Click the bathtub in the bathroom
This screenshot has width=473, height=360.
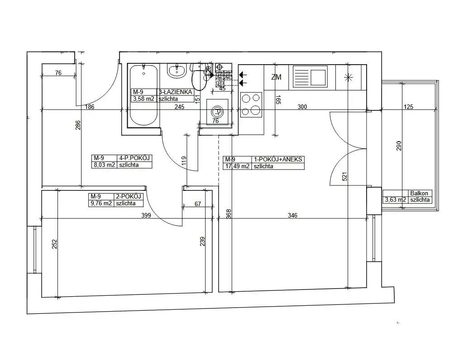(143, 95)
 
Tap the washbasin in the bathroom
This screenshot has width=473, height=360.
(176, 71)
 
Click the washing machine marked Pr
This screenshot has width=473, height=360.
(217, 112)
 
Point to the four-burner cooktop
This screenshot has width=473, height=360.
(251, 104)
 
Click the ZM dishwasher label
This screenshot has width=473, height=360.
(276, 77)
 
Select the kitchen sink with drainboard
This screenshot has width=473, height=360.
(310, 77)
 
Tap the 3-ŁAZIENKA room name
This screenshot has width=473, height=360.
(175, 92)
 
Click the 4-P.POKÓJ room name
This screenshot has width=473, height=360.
(134, 158)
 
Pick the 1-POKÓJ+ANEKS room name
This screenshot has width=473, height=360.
(278, 160)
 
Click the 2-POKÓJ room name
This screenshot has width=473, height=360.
(129, 197)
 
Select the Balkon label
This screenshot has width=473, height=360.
(419, 193)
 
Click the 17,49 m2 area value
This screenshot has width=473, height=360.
(237, 166)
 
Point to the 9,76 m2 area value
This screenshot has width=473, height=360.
(101, 204)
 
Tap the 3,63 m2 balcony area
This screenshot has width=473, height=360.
(395, 199)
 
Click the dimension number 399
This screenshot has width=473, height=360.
(146, 215)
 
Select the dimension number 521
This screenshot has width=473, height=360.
(344, 176)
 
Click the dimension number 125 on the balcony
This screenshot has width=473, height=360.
(408, 107)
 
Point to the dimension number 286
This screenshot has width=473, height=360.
(78, 125)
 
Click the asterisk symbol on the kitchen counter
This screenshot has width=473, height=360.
(349, 77)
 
